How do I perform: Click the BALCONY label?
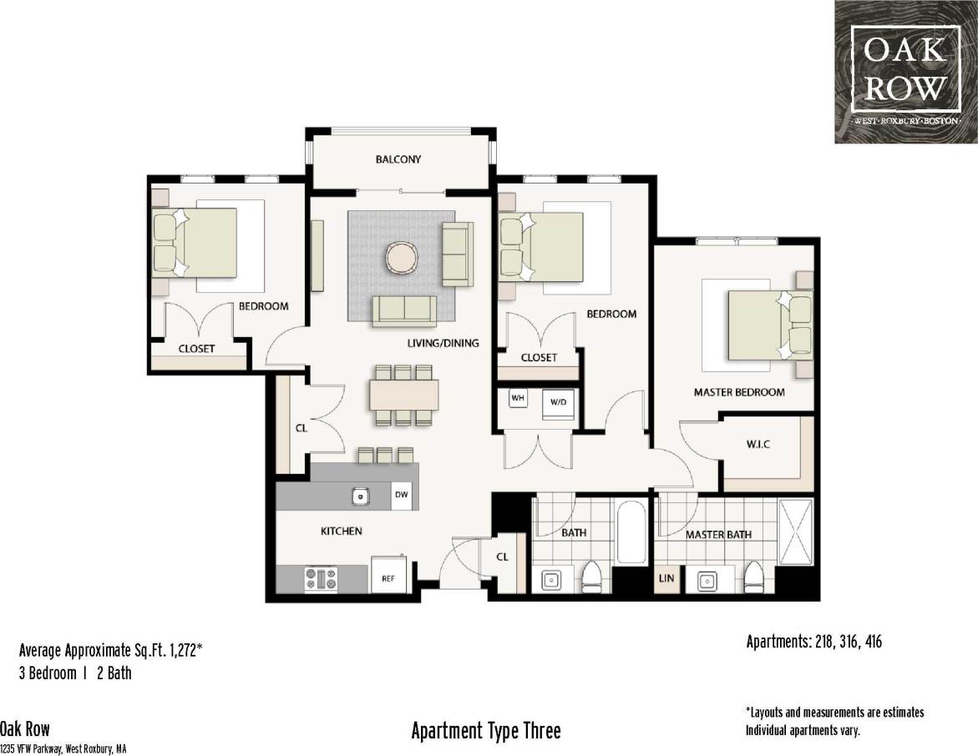pos(398,159)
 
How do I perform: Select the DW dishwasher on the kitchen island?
pos(402,495)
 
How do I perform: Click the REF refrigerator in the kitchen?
pos(388,577)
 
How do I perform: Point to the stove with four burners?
pos(321,578)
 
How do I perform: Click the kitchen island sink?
pos(360,496)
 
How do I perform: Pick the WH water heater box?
pos(518,399)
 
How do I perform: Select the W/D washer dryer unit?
pos(557,402)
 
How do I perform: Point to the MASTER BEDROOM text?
pos(739,392)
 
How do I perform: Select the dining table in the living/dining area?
pos(403,395)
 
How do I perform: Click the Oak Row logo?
pos(905,72)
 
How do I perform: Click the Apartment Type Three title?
pos(486,732)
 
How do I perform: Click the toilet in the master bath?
pos(754,575)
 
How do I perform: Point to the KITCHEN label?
pos(342,531)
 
